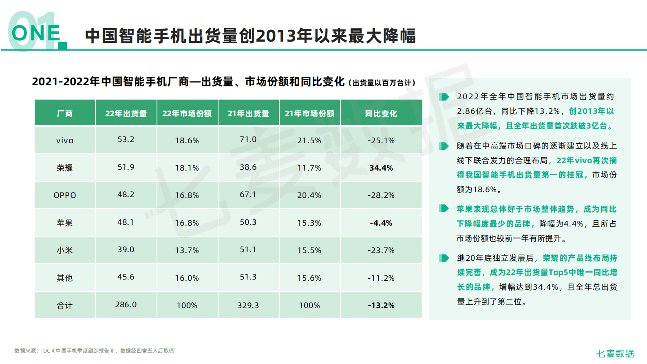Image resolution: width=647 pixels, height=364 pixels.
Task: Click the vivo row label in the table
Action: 65,140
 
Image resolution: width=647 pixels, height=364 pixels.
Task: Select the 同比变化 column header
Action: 381,113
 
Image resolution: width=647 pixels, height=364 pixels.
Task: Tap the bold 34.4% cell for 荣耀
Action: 381,168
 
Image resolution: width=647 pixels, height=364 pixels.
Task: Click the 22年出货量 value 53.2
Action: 126,139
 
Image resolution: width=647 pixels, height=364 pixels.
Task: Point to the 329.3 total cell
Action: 248,305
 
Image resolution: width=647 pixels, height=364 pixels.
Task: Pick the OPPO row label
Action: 65,195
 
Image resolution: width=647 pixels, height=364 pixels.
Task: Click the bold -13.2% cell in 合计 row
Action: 381,305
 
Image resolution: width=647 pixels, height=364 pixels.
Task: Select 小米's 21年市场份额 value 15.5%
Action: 309,250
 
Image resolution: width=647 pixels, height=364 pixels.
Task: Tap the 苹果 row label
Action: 65,223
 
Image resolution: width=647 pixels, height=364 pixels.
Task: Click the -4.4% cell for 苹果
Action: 381,223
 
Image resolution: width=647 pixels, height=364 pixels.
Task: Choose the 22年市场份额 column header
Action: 187,113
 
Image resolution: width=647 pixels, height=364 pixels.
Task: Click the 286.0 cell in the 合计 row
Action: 126,304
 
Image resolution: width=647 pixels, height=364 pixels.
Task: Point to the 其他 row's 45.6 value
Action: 126,277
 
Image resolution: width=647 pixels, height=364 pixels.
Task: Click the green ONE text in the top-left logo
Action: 36,33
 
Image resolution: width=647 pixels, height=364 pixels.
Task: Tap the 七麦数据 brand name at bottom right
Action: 615,353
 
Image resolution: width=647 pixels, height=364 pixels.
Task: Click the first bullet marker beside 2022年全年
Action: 444,97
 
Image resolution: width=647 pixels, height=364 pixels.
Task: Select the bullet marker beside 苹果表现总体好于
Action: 444,209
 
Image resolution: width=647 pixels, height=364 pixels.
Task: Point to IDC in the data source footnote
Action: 46,351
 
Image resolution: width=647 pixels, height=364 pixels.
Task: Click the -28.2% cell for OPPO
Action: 381,195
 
